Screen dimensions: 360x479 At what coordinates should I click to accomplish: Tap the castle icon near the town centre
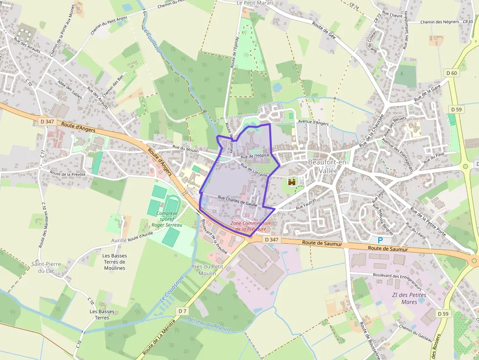[293, 182]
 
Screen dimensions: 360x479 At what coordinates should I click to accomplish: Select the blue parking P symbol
[380, 240]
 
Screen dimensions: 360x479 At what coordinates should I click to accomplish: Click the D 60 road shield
[452, 73]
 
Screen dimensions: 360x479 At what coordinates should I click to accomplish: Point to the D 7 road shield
[182, 311]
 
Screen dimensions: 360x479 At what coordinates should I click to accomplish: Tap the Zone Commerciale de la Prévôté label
[251, 226]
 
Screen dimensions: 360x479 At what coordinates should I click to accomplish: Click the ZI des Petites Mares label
[409, 298]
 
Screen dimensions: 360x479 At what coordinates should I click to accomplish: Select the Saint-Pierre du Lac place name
[46, 267]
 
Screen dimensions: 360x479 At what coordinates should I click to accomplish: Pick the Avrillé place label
[119, 240]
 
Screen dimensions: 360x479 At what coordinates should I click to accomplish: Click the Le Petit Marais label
[255, 3]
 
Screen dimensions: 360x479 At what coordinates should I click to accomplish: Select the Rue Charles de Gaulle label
[238, 201]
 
